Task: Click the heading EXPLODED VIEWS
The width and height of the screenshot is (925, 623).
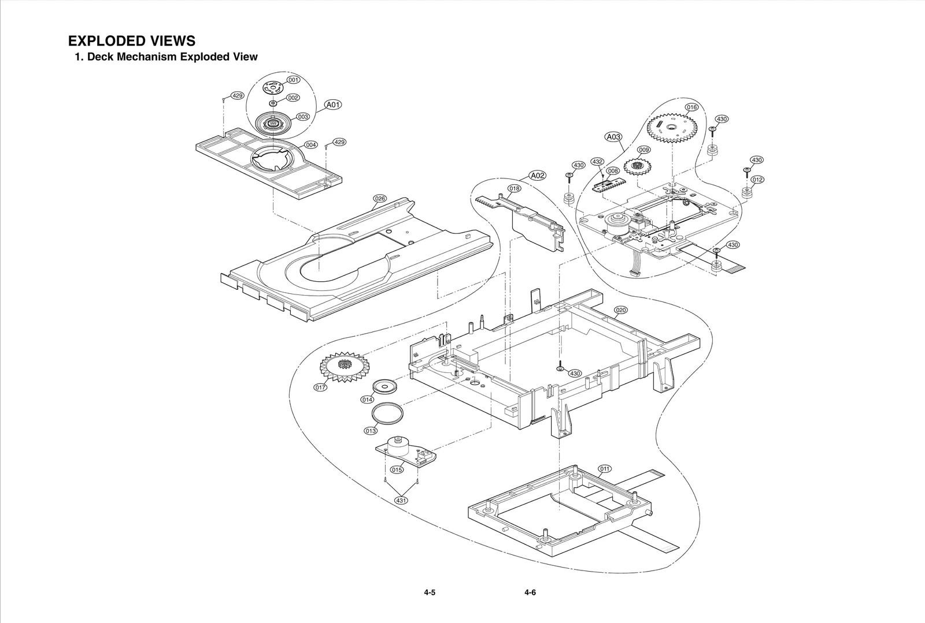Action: click(x=132, y=41)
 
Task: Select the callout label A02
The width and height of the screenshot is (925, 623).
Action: click(x=538, y=176)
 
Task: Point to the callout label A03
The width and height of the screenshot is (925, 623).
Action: click(x=613, y=137)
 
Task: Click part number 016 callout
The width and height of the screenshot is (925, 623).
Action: click(x=692, y=107)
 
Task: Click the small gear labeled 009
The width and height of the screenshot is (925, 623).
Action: click(x=638, y=167)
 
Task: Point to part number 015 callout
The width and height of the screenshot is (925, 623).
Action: click(x=397, y=469)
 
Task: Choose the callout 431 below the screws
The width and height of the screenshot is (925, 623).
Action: click(x=401, y=501)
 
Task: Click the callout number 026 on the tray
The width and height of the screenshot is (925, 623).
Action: click(x=379, y=199)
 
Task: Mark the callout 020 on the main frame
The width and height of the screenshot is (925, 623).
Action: click(x=620, y=310)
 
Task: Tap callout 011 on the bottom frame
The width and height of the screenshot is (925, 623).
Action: click(x=605, y=468)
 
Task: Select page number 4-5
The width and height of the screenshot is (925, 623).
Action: click(x=429, y=592)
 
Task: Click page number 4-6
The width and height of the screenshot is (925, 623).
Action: click(x=530, y=592)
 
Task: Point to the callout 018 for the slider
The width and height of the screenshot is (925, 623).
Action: click(x=515, y=188)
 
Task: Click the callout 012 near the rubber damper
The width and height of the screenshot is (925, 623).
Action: click(x=757, y=180)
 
